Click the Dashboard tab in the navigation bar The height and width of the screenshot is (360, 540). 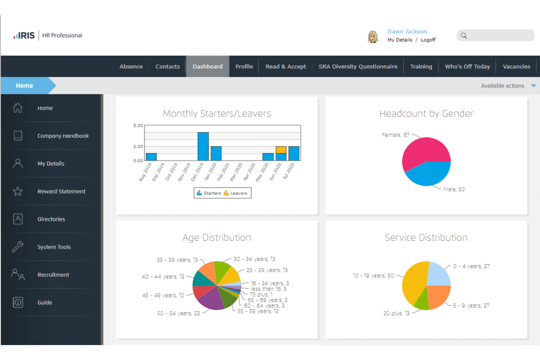point(207,66)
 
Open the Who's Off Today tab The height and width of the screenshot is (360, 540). point(467,66)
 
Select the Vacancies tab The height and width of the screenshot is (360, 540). point(516,66)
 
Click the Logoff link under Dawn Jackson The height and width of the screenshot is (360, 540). point(428,40)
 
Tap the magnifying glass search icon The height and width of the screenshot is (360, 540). point(464,35)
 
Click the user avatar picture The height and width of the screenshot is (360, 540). point(373,36)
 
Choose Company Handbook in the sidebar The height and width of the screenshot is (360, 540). point(63,136)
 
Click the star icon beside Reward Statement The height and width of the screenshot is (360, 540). point(18,191)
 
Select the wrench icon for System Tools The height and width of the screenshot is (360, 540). point(18,247)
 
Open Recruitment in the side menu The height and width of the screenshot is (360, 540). point(53,275)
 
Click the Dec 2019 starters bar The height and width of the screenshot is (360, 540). point(203,146)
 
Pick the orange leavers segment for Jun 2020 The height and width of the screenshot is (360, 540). point(281,150)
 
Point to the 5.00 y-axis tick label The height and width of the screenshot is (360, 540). point(138,125)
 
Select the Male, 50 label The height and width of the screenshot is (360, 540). point(454,189)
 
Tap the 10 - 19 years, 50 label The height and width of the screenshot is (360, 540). point(373,276)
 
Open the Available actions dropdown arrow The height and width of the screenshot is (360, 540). point(533,86)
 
